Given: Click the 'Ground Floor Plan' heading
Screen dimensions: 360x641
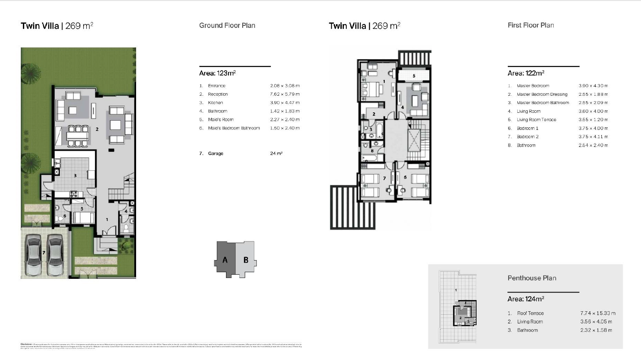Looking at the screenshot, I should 227,25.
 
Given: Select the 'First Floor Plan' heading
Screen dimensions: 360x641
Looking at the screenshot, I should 531,25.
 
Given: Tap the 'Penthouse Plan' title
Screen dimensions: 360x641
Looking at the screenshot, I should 532,278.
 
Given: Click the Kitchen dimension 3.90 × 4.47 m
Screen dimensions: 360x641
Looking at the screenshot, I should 285,103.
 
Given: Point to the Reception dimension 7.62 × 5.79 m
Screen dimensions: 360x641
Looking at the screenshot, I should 285,94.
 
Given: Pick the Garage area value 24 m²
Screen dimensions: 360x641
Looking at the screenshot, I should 276,154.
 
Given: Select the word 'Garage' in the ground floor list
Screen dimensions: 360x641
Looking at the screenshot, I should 216,154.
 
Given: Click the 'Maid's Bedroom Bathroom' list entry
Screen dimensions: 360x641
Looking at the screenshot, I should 234,128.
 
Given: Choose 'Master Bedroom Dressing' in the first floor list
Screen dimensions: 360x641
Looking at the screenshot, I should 542,94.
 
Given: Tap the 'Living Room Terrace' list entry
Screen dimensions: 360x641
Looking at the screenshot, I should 536,120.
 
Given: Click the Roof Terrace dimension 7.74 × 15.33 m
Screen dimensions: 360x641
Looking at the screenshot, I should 598,313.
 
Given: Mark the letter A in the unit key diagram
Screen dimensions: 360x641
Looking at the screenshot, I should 225,260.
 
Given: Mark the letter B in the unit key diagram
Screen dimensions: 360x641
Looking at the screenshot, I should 246,260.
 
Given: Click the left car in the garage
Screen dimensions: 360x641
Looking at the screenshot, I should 33,255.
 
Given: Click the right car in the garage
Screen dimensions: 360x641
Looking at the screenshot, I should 55,255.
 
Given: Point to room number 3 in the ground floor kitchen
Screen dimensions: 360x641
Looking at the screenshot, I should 75,176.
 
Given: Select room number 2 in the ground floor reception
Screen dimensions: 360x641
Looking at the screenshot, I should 97,129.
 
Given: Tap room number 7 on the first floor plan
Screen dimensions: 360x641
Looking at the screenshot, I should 384,178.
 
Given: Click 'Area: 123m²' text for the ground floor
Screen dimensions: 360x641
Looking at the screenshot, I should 217,73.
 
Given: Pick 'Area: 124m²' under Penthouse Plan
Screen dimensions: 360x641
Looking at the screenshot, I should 526,299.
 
